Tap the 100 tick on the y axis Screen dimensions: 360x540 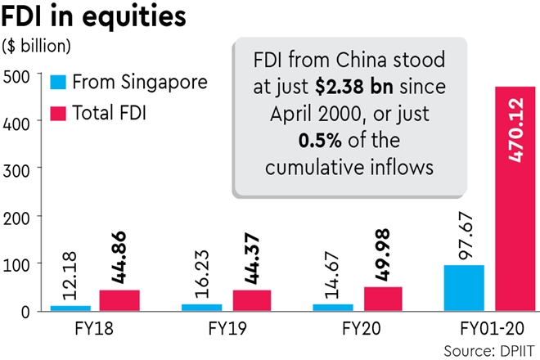tap(16, 264)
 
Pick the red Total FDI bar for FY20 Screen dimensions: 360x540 tap(382, 299)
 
